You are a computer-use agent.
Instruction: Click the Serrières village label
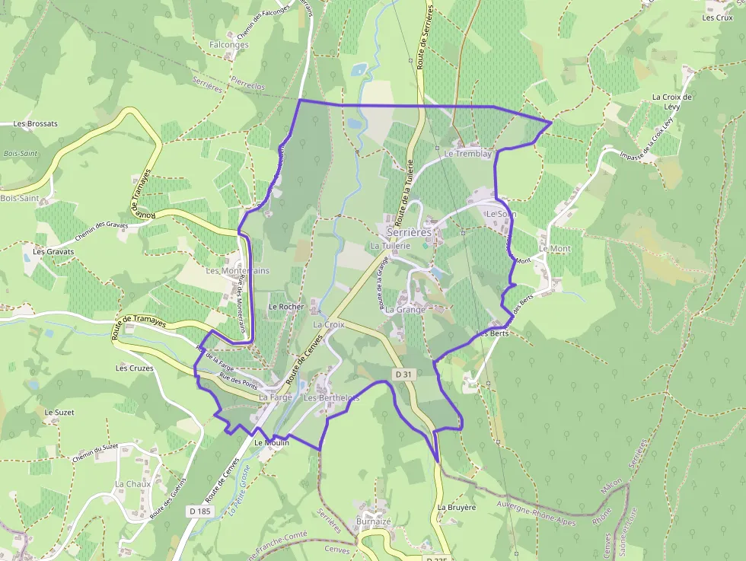coord(409,231)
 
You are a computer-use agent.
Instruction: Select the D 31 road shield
coord(403,374)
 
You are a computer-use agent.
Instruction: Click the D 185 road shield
coord(199,512)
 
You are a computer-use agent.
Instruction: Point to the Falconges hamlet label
coord(228,45)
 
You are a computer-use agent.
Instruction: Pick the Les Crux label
coord(718,18)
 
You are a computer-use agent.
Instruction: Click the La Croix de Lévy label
coord(672,102)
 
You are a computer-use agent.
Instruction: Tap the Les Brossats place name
coord(35,123)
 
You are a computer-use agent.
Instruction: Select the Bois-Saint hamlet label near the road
coord(20,198)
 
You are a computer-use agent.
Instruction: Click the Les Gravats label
coord(53,251)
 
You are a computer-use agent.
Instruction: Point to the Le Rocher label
coord(286,307)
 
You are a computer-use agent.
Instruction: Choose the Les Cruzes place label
coord(134,368)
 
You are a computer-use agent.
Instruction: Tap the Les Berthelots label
coord(331,398)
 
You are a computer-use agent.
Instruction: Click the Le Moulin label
coord(271,442)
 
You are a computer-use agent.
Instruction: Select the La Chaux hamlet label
coord(133,484)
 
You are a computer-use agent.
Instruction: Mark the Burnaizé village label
coord(373,521)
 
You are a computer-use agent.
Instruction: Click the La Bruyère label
coord(456,507)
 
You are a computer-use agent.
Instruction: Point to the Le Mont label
coord(554,249)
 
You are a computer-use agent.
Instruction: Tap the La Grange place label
coord(405,310)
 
